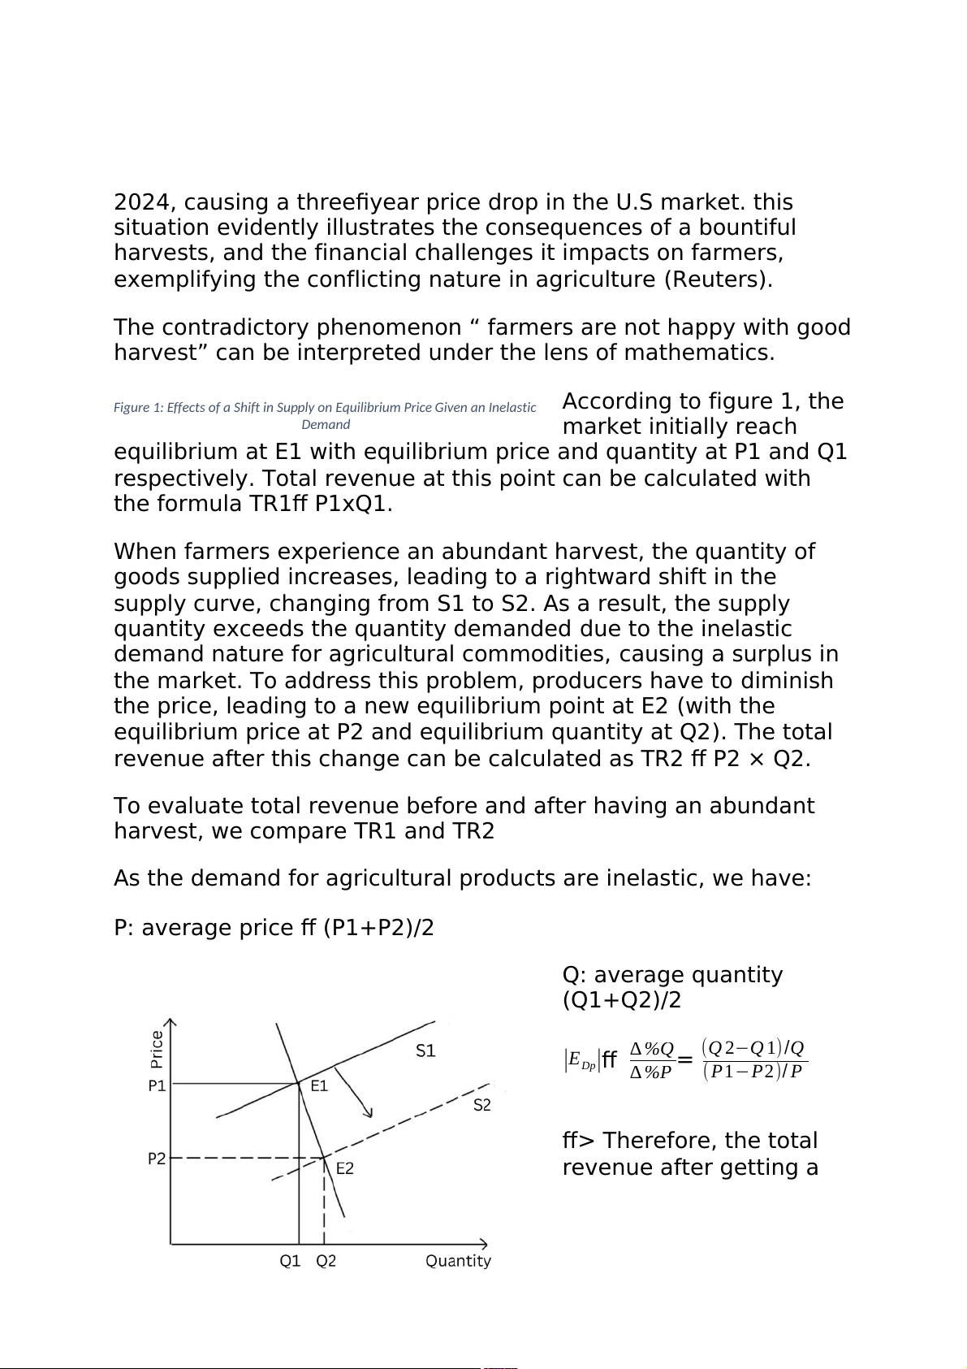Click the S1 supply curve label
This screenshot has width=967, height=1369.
425,1051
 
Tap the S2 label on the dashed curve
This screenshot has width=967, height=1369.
482,1105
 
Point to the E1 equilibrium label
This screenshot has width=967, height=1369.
319,1086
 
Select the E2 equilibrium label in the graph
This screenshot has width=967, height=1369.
345,1168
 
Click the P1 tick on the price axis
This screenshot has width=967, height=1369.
157,1085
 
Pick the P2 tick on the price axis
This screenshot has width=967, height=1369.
157,1159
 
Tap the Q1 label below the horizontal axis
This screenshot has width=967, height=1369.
290,1261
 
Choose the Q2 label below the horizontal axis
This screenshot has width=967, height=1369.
326,1261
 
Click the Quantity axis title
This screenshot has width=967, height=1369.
458,1261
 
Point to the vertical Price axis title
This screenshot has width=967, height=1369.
157,1049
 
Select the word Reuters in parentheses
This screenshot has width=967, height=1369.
718,279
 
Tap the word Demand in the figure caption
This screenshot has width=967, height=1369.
326,424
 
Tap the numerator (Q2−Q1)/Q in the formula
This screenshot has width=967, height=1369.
753,1047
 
